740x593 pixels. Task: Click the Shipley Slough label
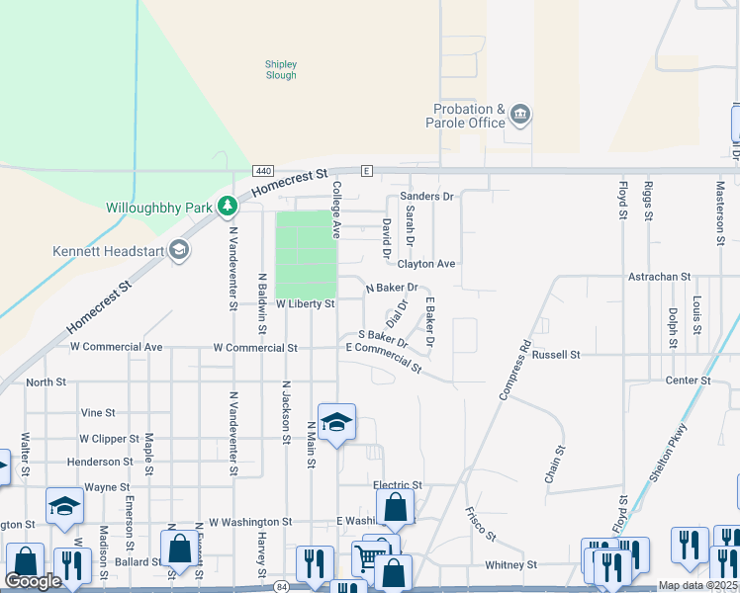click(x=281, y=70)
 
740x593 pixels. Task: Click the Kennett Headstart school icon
click(x=179, y=250)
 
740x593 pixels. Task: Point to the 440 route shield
click(x=263, y=171)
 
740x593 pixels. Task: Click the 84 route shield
click(x=283, y=587)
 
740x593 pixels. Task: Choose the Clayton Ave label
click(x=425, y=264)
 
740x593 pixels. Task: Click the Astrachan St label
click(x=659, y=278)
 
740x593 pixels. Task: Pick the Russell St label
click(x=555, y=354)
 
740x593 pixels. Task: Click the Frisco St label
click(x=481, y=524)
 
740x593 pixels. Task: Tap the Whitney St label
click(x=510, y=565)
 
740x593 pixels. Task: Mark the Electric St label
click(x=398, y=485)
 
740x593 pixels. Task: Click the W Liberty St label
click(x=306, y=303)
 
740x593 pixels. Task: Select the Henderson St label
click(x=100, y=462)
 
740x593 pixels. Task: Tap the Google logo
click(x=34, y=581)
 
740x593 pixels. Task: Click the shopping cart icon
click(x=368, y=559)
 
